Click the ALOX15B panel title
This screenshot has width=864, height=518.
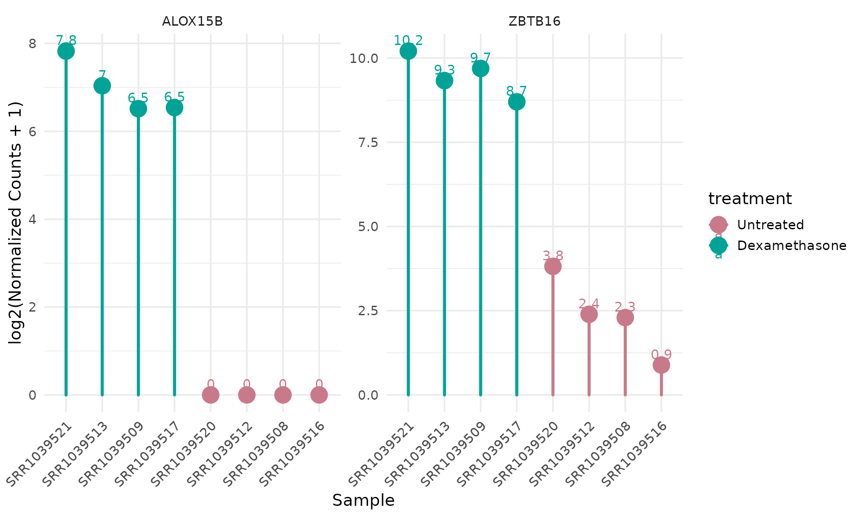click(x=192, y=21)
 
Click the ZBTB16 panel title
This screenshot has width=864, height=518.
click(x=534, y=21)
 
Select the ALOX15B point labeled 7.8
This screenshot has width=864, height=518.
click(x=66, y=51)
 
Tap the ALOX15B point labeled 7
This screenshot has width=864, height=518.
click(x=102, y=86)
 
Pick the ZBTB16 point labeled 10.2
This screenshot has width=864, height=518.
click(x=408, y=51)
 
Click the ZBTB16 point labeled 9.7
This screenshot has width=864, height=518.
click(x=481, y=69)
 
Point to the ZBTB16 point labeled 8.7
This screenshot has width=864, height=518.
click(x=517, y=102)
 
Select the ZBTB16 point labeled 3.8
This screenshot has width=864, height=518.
click(x=553, y=267)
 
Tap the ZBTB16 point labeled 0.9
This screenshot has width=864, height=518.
click(x=661, y=365)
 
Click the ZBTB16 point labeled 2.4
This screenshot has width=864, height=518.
click(x=589, y=314)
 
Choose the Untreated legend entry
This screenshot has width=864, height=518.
click(x=770, y=224)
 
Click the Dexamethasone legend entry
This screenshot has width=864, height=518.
click(x=791, y=246)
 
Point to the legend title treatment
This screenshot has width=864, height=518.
click(x=750, y=198)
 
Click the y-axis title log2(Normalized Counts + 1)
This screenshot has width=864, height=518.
click(x=15, y=223)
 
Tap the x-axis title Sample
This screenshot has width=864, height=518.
click(x=363, y=500)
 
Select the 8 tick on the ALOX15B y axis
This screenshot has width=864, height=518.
click(x=32, y=44)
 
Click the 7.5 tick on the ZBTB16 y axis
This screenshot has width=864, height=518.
click(x=369, y=143)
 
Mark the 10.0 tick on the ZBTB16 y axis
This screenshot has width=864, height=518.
click(x=364, y=58)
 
